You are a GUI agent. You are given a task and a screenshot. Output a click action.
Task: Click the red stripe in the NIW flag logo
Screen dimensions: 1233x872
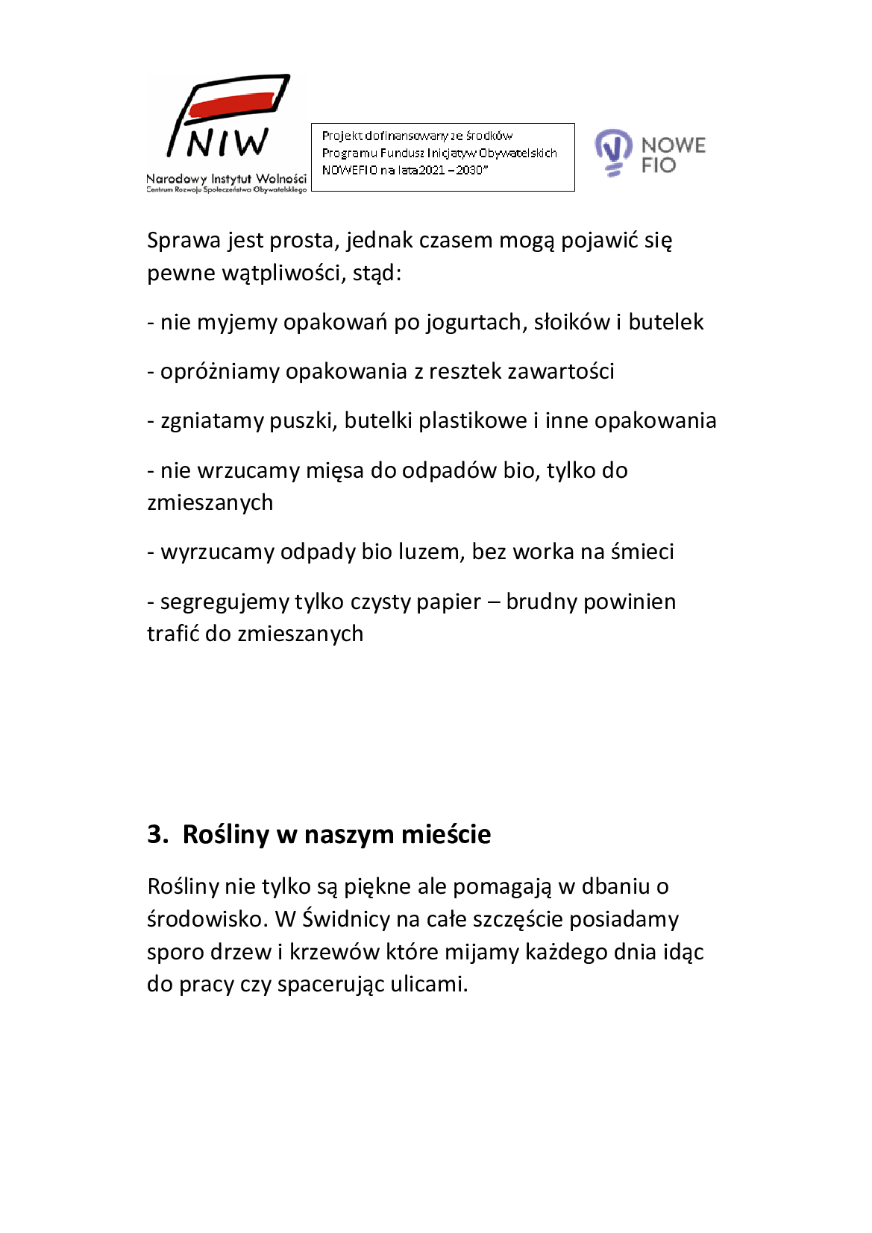point(231,104)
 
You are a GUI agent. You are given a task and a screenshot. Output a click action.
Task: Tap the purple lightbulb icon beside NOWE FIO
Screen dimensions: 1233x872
point(613,151)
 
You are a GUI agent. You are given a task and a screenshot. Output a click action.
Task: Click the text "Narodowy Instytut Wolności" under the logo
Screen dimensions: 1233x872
point(226,179)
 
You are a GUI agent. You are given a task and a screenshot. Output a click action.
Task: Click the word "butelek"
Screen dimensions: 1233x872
point(665,322)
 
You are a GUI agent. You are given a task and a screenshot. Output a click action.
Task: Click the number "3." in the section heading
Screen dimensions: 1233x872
point(157,834)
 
